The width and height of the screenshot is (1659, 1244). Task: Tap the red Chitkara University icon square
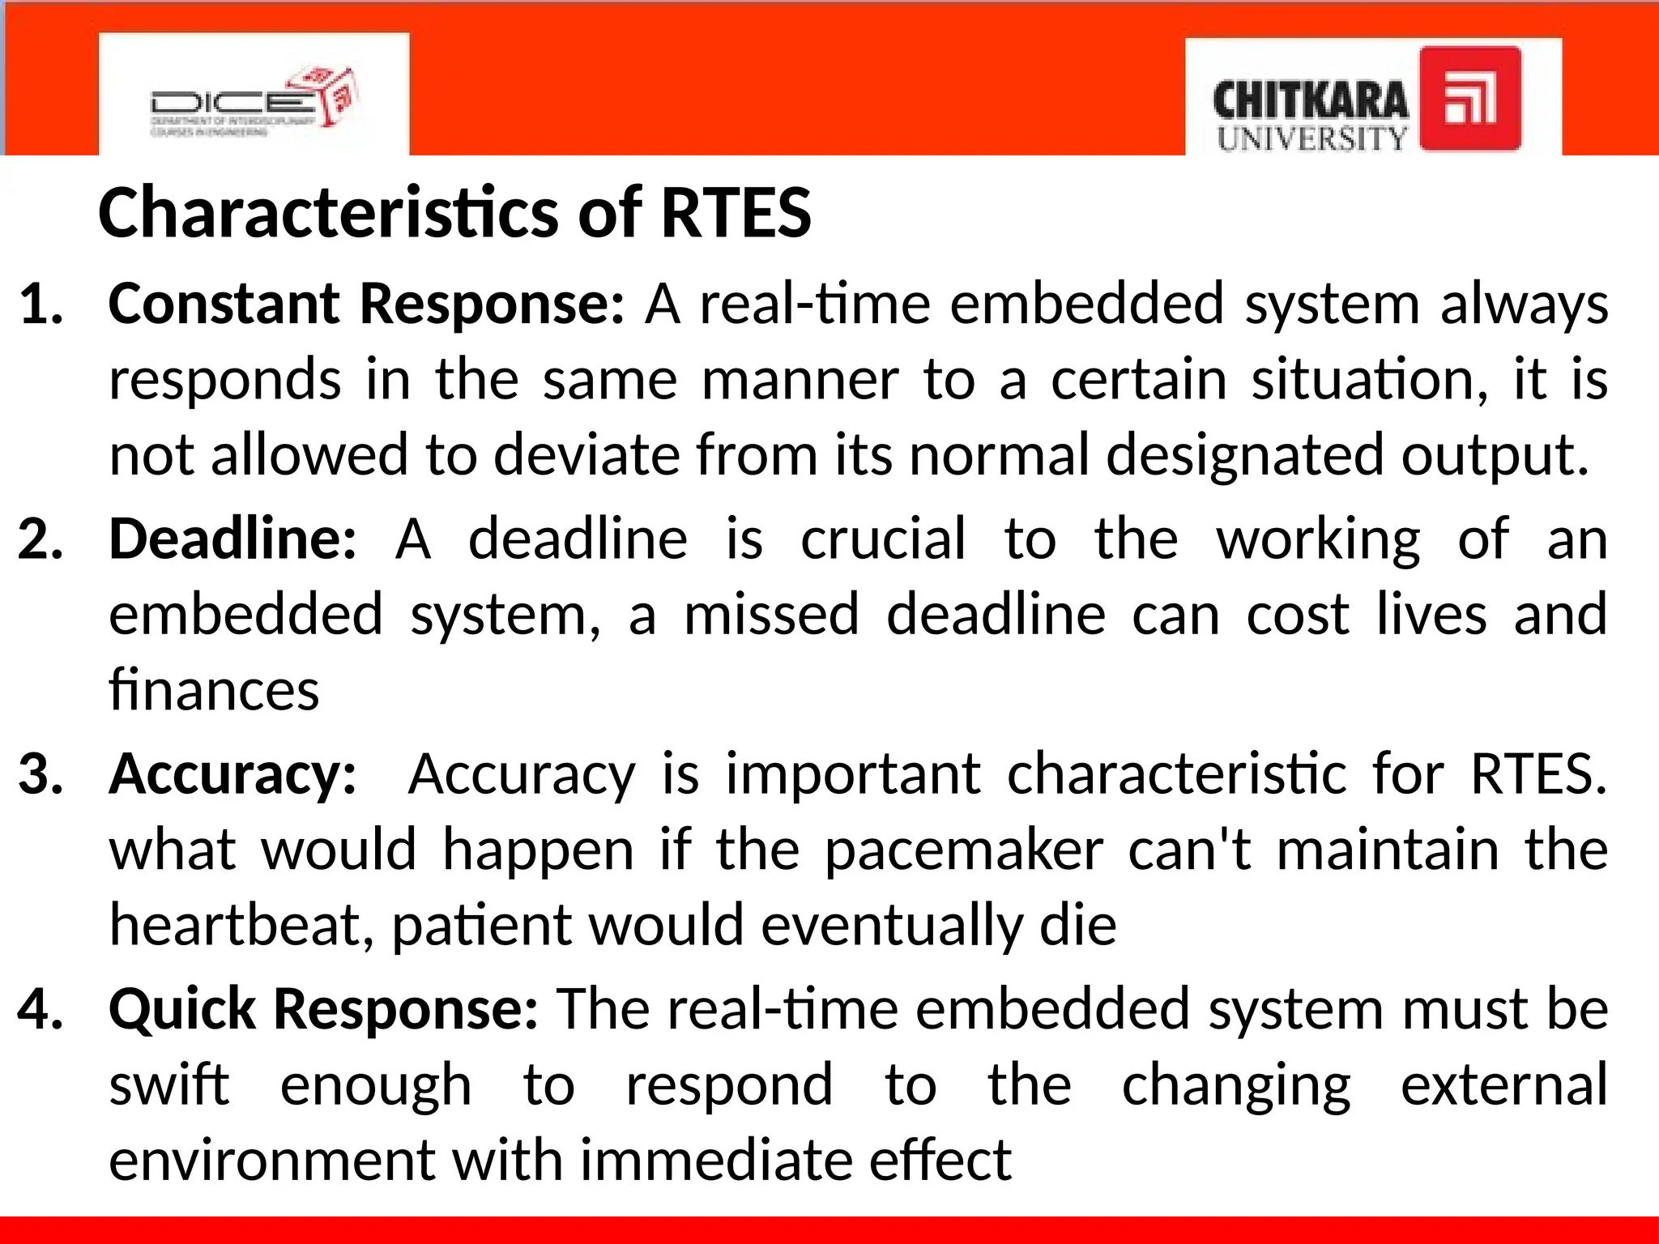pos(1470,98)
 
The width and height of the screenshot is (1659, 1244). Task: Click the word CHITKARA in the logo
pos(1310,101)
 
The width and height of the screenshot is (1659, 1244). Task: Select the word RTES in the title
pos(736,212)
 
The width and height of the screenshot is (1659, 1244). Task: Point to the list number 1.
pos(41,305)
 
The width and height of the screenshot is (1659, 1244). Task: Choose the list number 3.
pos(41,774)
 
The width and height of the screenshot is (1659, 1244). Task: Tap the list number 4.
pos(41,1010)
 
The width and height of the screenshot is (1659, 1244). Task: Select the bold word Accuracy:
pos(232,774)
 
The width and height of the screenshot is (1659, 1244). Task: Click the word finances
pos(214,690)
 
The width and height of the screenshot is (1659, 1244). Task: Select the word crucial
pos(883,539)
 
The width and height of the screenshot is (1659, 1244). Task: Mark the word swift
pos(168,1085)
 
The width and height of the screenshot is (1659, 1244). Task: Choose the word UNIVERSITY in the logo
pos(1311,138)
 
